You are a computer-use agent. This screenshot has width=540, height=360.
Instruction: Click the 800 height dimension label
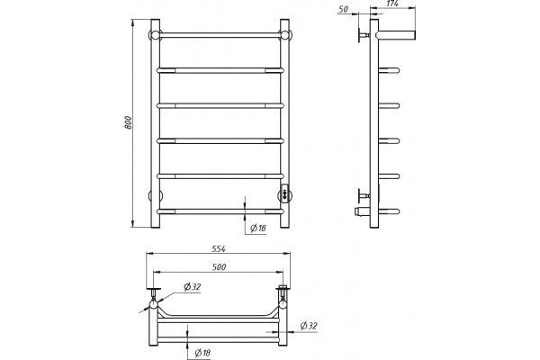click(128, 122)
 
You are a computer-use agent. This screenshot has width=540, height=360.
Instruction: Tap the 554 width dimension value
click(219, 248)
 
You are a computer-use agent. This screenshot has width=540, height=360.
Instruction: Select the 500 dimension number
click(220, 267)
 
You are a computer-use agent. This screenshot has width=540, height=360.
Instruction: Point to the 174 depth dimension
click(392, 4)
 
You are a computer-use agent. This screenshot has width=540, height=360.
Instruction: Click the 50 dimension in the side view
click(343, 9)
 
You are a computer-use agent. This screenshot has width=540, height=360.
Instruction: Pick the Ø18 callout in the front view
click(258, 228)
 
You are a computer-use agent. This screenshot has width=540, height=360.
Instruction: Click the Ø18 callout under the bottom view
click(202, 353)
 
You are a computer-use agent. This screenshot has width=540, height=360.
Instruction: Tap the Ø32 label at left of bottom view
click(193, 286)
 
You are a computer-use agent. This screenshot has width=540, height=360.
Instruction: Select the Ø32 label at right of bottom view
click(309, 326)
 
